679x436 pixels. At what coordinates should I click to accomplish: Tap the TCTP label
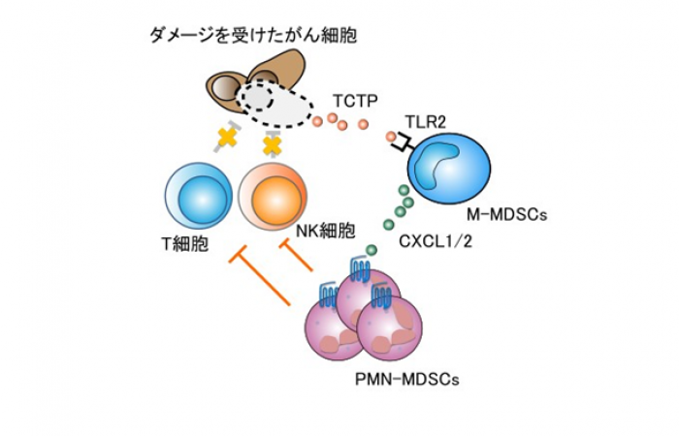353,100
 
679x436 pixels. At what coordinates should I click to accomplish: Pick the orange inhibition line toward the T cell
263,280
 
